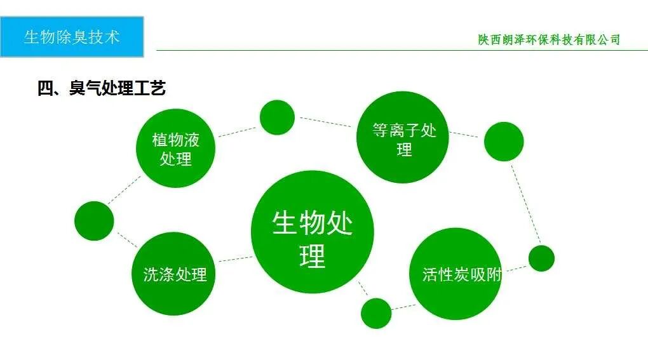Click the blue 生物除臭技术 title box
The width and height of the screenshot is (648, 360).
(72, 37)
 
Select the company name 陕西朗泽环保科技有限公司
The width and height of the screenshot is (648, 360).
(549, 39)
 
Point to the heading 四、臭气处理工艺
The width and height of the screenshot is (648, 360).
(102, 88)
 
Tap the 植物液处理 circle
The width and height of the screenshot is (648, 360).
(176, 149)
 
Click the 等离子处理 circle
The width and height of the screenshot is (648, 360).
(404, 138)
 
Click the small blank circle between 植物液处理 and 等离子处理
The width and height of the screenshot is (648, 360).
(277, 117)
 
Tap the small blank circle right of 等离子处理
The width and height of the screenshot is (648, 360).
(504, 141)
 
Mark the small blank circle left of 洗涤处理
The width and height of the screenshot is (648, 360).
(94, 220)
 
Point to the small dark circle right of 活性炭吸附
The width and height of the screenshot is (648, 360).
(541, 258)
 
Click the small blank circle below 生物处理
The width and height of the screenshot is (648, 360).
(376, 313)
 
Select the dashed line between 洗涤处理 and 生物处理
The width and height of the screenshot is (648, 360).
(234, 259)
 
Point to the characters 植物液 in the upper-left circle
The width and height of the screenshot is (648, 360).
(176, 139)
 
